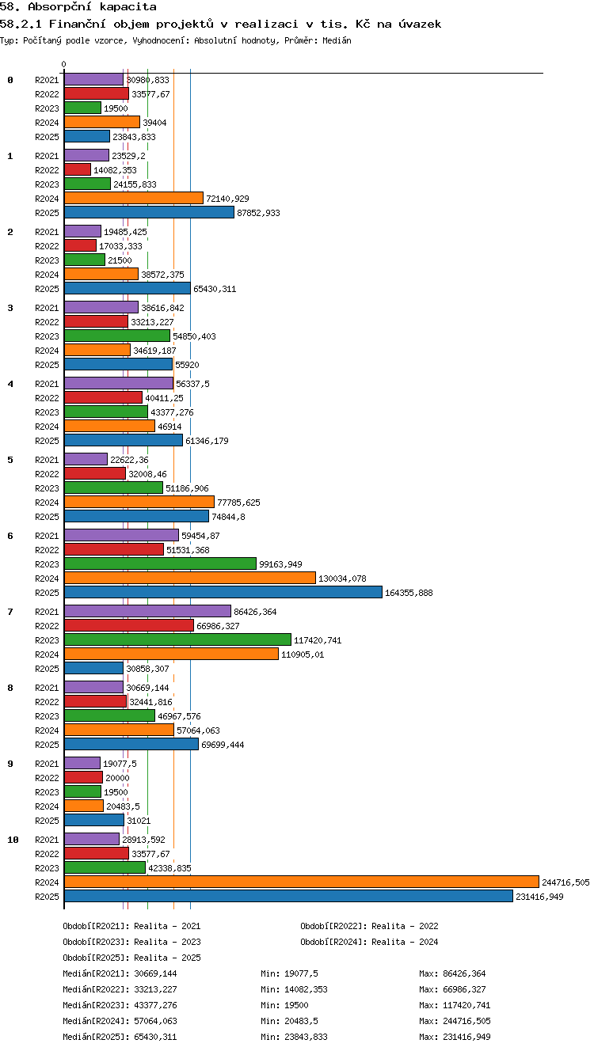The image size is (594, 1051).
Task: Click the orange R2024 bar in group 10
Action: tap(302, 882)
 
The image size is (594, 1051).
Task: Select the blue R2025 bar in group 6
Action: tap(223, 592)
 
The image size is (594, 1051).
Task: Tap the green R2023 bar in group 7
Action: tap(177, 639)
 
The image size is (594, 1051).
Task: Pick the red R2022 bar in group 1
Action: tap(78, 169)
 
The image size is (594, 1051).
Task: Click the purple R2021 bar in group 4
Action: tap(119, 383)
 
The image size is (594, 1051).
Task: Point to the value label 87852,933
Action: tap(258, 213)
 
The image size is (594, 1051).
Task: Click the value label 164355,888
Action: tap(409, 593)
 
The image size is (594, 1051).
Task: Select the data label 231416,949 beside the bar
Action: tap(539, 897)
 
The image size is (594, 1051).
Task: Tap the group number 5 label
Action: tap(10, 460)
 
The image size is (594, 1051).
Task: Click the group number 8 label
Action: tap(10, 688)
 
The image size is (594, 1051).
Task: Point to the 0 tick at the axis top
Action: tap(64, 64)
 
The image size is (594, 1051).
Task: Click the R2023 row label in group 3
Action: tap(47, 336)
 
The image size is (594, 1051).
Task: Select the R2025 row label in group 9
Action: tap(47, 821)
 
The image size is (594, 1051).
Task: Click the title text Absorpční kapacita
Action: tap(92, 7)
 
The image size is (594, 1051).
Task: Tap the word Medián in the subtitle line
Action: tap(337, 40)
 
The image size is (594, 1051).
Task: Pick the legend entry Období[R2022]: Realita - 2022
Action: tap(369, 926)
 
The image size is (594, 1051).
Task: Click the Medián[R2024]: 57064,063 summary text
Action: tap(120, 1020)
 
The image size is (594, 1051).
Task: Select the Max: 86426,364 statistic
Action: tap(452, 973)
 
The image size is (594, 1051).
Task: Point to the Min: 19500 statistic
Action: tap(284, 1004)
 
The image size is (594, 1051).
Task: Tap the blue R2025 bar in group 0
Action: tap(87, 136)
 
